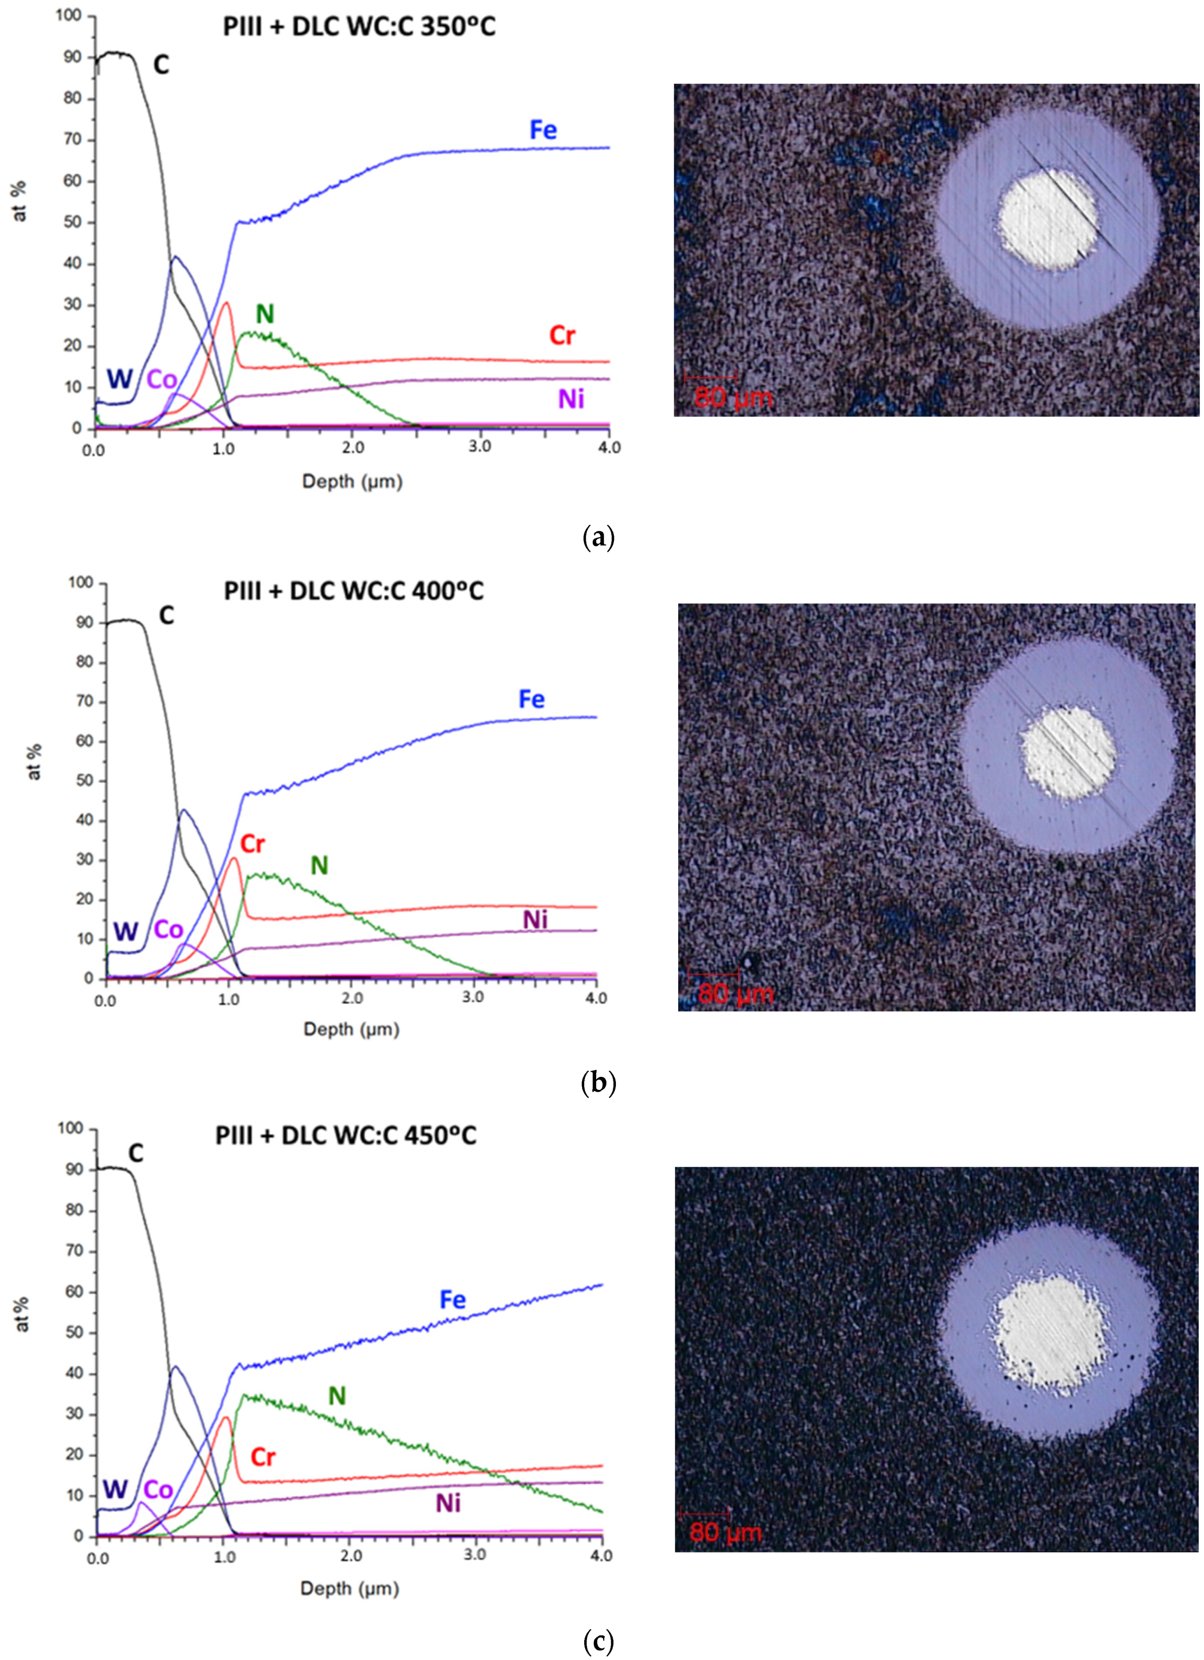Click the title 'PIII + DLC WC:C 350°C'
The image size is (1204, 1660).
coord(358,27)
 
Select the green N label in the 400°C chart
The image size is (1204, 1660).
coord(319,866)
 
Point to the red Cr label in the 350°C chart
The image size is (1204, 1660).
coord(562,336)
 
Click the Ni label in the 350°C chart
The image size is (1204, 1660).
coord(571,399)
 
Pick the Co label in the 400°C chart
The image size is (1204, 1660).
coord(168,930)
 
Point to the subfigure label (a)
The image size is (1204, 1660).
coord(598,538)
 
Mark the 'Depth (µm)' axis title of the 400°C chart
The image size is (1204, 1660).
coord(351,1029)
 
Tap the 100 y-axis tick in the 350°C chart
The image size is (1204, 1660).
coord(69,16)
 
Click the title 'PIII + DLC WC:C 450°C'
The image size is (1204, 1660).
coord(345,1135)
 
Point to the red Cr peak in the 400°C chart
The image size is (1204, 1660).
coord(234,858)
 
